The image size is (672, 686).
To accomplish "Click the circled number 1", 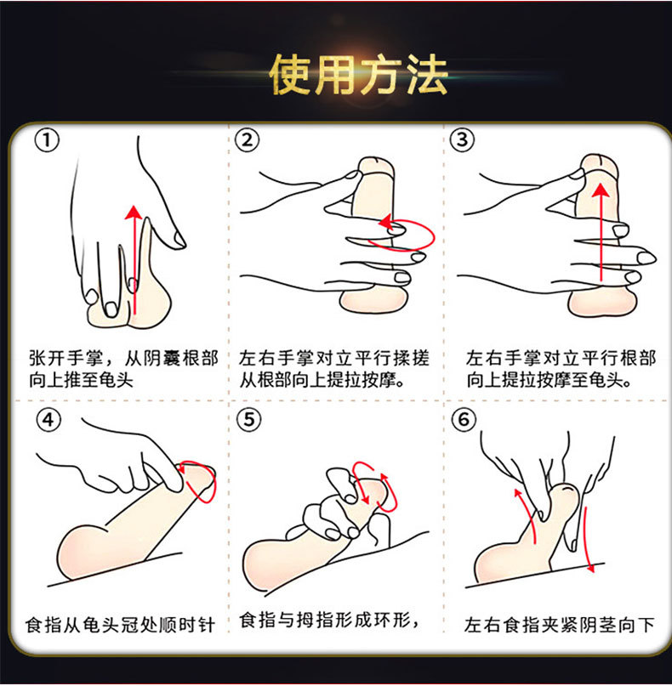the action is click(x=47, y=141).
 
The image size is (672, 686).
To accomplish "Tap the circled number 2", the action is click(x=247, y=140).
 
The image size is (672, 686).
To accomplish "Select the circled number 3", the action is click(x=462, y=140).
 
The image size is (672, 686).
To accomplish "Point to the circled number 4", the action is click(x=48, y=421).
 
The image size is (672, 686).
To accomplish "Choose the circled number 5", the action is click(x=248, y=420).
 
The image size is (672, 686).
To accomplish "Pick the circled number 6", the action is click(x=464, y=420).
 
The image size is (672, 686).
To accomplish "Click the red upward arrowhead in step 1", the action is click(x=134, y=213).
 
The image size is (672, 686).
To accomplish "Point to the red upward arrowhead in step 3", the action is click(x=602, y=190).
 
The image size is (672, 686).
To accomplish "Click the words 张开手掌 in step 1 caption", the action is click(x=67, y=359).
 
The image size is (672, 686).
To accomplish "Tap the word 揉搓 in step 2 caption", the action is click(x=411, y=358).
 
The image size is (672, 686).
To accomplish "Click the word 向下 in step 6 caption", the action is click(x=635, y=625).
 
